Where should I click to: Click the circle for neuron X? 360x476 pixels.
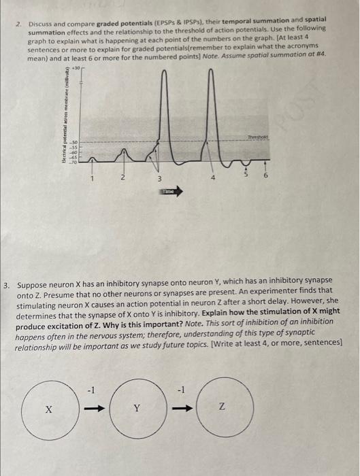point(49,409)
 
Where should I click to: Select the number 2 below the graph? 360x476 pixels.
point(122,178)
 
